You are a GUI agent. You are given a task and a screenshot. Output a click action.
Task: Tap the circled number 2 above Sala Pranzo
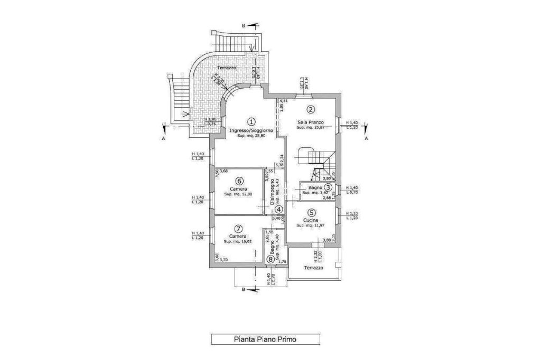click(x=311, y=110)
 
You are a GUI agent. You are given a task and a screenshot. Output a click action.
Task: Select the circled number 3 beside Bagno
click(x=328, y=187)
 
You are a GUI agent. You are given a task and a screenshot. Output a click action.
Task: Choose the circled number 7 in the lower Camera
click(x=239, y=229)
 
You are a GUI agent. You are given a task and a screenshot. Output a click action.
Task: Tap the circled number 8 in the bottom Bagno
click(x=271, y=259)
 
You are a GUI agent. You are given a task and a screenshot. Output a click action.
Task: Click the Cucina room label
click(x=310, y=220)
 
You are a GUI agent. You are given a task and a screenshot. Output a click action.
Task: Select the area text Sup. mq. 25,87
click(x=310, y=127)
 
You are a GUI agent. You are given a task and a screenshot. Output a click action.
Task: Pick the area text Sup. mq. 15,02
click(x=239, y=241)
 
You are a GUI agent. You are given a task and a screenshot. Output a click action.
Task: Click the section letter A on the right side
click(x=366, y=138)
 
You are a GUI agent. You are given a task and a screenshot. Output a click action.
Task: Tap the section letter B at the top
click(x=243, y=24)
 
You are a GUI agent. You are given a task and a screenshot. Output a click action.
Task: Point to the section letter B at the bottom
click(x=243, y=289)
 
